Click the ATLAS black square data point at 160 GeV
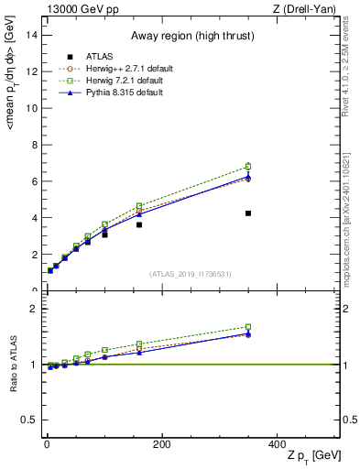pos(139,224)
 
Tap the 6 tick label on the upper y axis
pos(33,181)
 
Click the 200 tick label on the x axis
pos(162,444)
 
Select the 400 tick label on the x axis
pos(277,444)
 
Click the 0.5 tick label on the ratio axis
pos(28,420)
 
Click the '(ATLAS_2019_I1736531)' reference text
pos(190,274)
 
